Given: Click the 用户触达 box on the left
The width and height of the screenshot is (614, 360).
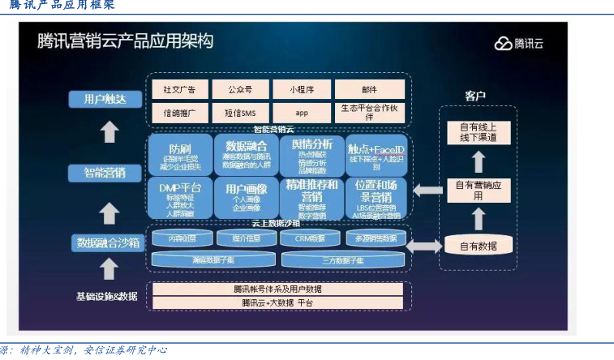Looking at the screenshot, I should click(105, 100).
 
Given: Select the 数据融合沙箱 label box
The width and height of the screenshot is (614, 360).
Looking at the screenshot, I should click(108, 242).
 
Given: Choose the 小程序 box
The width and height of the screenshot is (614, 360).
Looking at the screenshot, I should click(302, 89).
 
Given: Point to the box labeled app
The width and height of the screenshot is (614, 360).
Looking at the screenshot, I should click(302, 112).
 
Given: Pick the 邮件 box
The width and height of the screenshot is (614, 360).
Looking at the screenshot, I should click(367, 89).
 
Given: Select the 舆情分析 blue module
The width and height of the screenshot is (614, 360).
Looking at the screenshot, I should click(311, 155).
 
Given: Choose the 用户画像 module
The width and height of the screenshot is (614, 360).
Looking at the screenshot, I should click(245, 198).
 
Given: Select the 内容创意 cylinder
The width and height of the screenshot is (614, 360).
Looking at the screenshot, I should click(181, 238).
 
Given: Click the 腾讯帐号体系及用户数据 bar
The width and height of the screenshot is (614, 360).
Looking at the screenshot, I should click(277, 289).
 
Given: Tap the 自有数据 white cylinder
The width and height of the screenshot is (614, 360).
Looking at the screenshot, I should click(478, 245).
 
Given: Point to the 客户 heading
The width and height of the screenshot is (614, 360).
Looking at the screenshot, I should click(475, 96).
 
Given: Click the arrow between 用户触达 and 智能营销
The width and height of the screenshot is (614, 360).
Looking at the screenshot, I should click(109, 132).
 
